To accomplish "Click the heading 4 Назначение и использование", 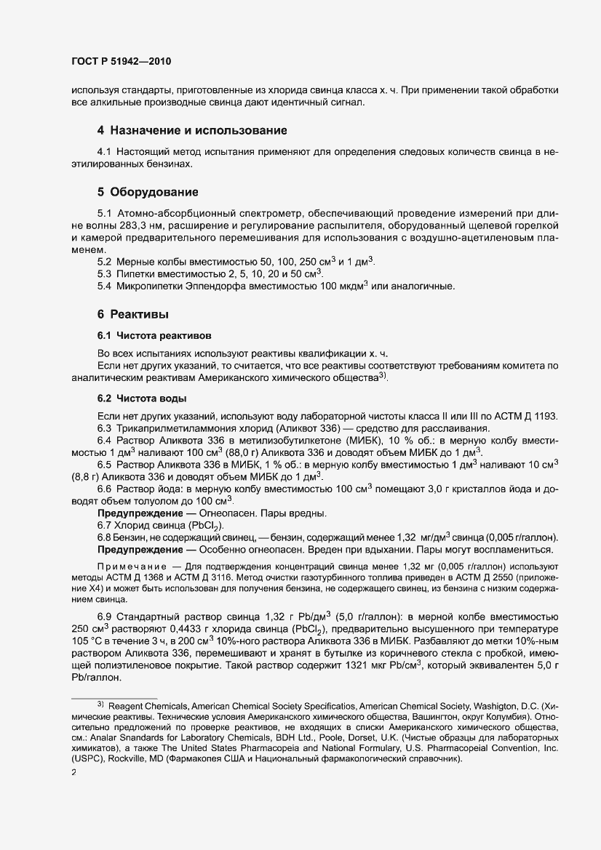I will pyautogui.click(x=192, y=131).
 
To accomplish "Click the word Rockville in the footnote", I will pyautogui.click(x=130, y=759).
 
